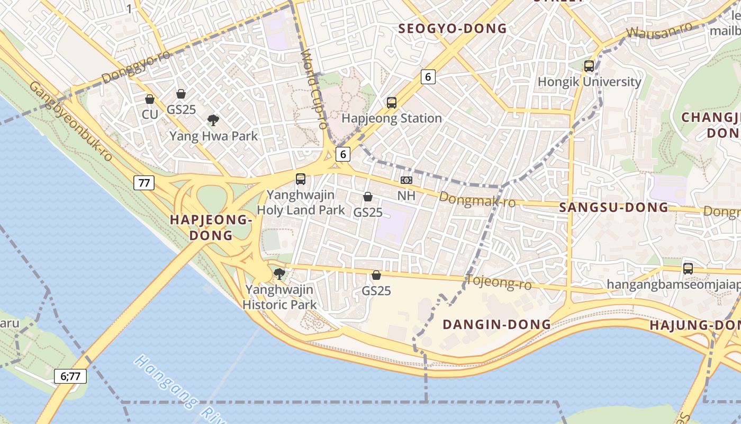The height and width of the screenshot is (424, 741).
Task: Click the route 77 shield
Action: coord(143,183)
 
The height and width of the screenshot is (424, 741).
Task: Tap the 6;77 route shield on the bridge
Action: coord(70,376)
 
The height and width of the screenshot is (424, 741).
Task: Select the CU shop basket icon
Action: coord(150,99)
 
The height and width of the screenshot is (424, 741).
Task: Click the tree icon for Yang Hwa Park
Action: coord(213,120)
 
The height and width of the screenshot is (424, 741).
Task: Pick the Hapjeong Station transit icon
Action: coord(392,103)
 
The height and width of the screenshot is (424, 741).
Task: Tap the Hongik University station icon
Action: coord(589,66)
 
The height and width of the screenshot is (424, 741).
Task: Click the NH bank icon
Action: coord(406,181)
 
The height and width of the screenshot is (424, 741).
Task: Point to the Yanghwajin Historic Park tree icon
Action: coord(279,274)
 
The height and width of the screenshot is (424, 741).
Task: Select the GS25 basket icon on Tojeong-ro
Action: coord(376,275)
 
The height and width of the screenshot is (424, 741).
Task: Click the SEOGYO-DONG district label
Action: coord(452,29)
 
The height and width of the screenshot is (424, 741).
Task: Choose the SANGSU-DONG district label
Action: coord(614,207)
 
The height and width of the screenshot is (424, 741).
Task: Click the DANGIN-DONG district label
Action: coord(496,324)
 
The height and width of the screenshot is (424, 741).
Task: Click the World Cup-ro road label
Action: coord(314,89)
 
